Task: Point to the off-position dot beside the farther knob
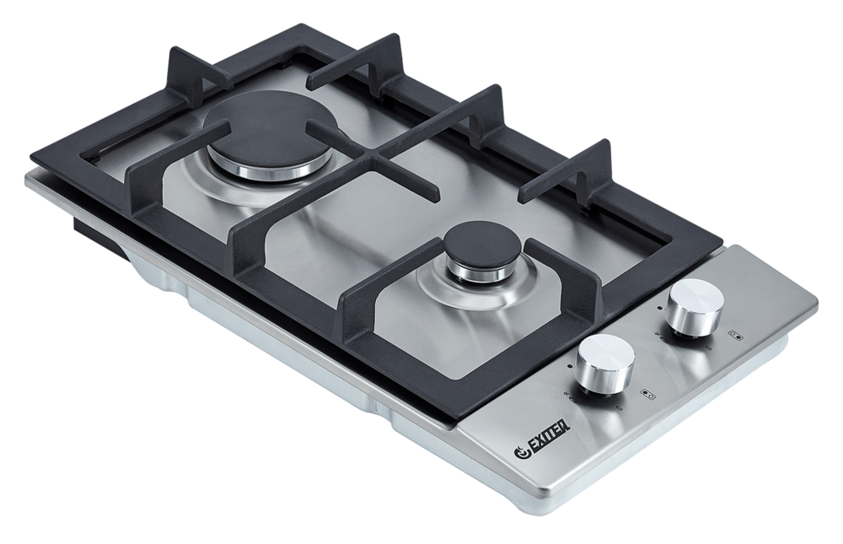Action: [x=660, y=309]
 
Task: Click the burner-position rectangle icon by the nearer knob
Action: [x=647, y=395]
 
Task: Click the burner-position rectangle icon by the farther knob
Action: [x=737, y=335]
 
